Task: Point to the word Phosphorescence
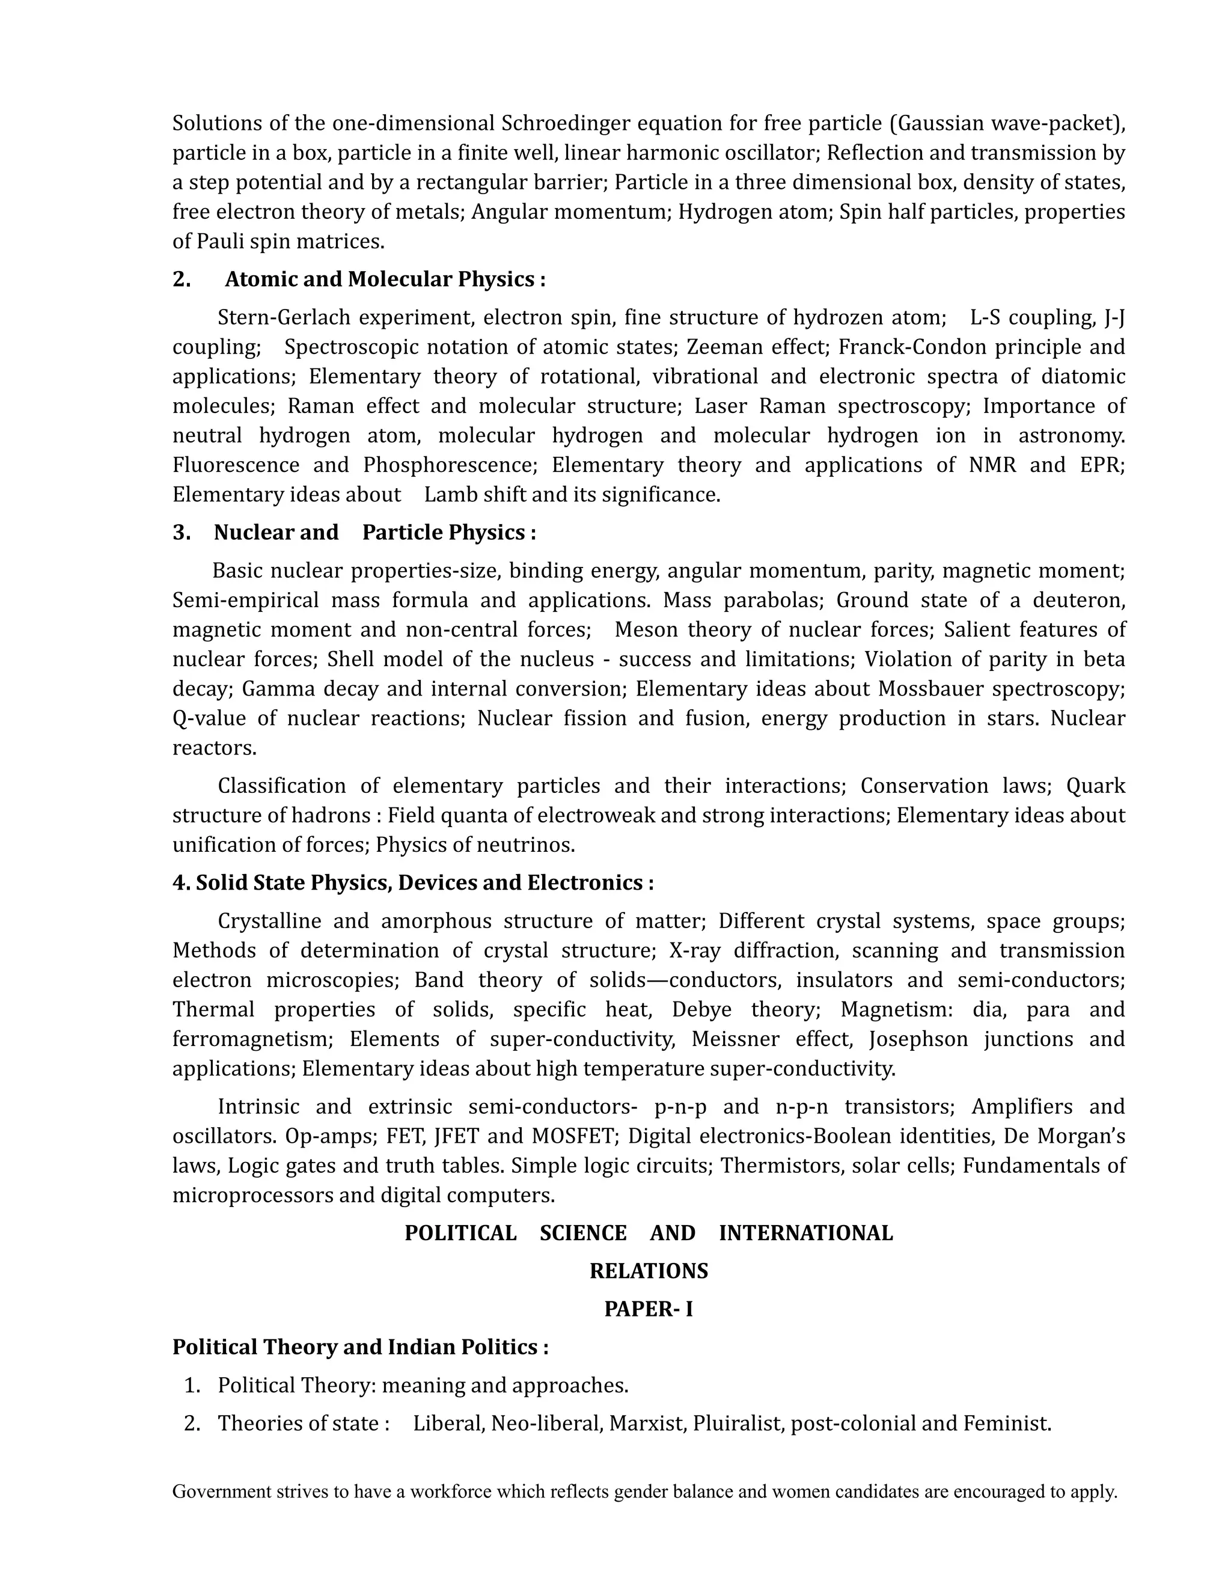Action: click(x=450, y=465)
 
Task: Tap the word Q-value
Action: click(x=209, y=718)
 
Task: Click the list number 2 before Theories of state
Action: click(x=192, y=1423)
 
